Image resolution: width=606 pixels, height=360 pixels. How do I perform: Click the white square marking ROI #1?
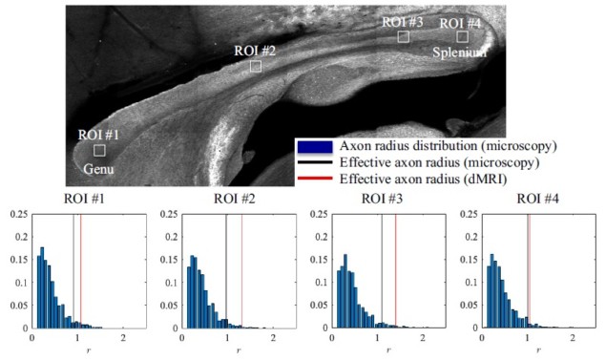pyautogui.click(x=99, y=150)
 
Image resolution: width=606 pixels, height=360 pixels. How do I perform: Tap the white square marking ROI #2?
pyautogui.click(x=256, y=66)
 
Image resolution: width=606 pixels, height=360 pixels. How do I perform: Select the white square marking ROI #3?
pyautogui.click(x=403, y=36)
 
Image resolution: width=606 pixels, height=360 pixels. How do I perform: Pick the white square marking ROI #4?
pyautogui.click(x=462, y=36)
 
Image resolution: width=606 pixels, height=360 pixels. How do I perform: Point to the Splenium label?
pyautogui.click(x=460, y=53)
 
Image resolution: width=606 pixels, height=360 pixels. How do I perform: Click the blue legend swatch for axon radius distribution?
pyautogui.click(x=315, y=146)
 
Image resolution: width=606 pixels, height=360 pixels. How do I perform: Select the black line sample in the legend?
pyautogui.click(x=315, y=162)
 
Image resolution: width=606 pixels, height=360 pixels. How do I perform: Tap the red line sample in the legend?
pyautogui.click(x=315, y=179)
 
